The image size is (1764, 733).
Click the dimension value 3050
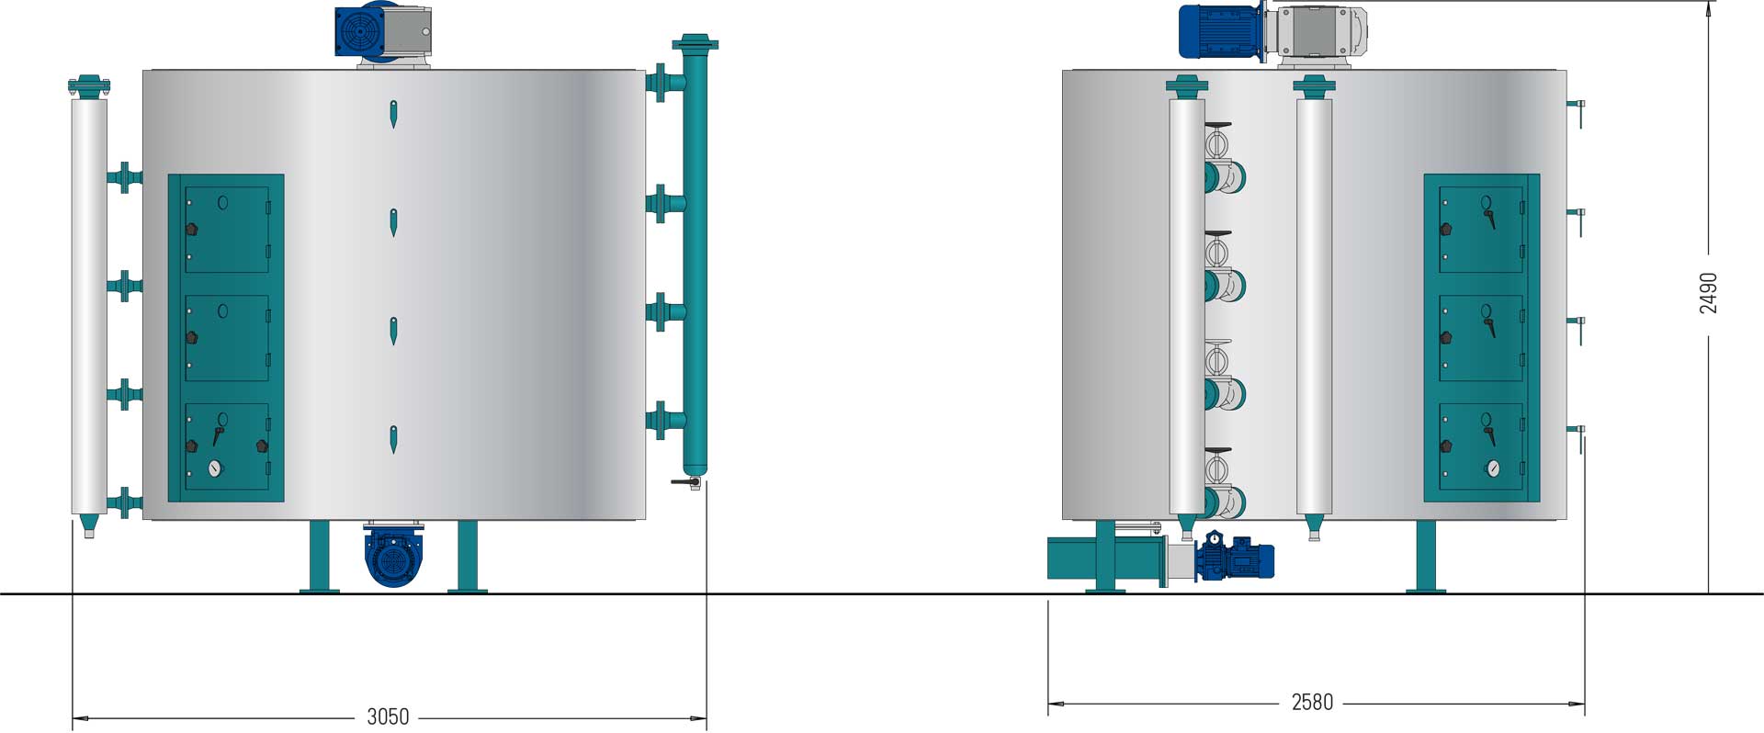[x=388, y=717]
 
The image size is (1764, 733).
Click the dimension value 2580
[x=1312, y=703]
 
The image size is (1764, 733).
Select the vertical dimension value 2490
[x=1708, y=293]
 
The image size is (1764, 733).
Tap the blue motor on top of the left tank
[x=360, y=34]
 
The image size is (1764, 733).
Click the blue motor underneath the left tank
[x=391, y=557]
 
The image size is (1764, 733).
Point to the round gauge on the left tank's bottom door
[x=215, y=468]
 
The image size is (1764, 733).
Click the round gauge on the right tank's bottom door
[x=1492, y=468]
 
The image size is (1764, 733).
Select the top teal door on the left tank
[x=227, y=230]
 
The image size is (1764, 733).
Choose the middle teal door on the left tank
[x=227, y=337]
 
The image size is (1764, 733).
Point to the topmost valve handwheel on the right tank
[x=1216, y=145]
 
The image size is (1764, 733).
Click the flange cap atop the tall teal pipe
[x=695, y=42]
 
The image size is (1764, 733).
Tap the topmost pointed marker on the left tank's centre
[x=393, y=114]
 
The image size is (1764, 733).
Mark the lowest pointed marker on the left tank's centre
[x=393, y=440]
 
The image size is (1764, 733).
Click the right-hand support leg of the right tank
[x=1425, y=557]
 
